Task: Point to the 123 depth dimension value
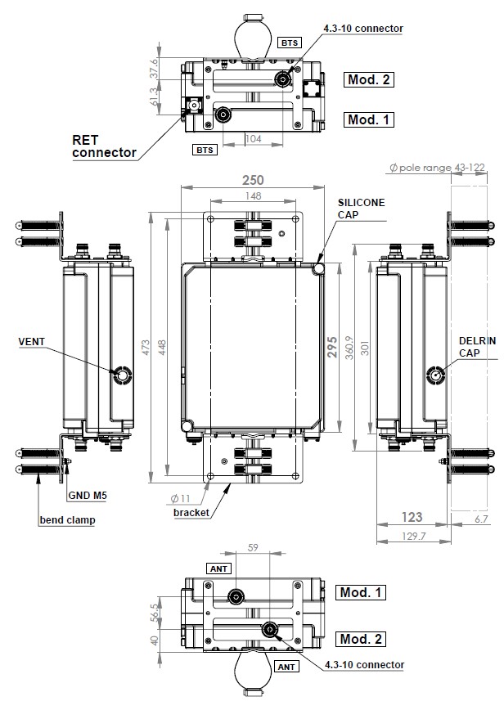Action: (x=412, y=516)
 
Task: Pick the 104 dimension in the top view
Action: (x=254, y=140)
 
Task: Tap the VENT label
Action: (x=33, y=340)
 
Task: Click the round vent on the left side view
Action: (x=123, y=375)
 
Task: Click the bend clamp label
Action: (x=66, y=520)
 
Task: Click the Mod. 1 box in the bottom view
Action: (x=361, y=591)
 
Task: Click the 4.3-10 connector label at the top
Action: (x=362, y=29)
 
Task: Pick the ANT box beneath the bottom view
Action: (x=287, y=667)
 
